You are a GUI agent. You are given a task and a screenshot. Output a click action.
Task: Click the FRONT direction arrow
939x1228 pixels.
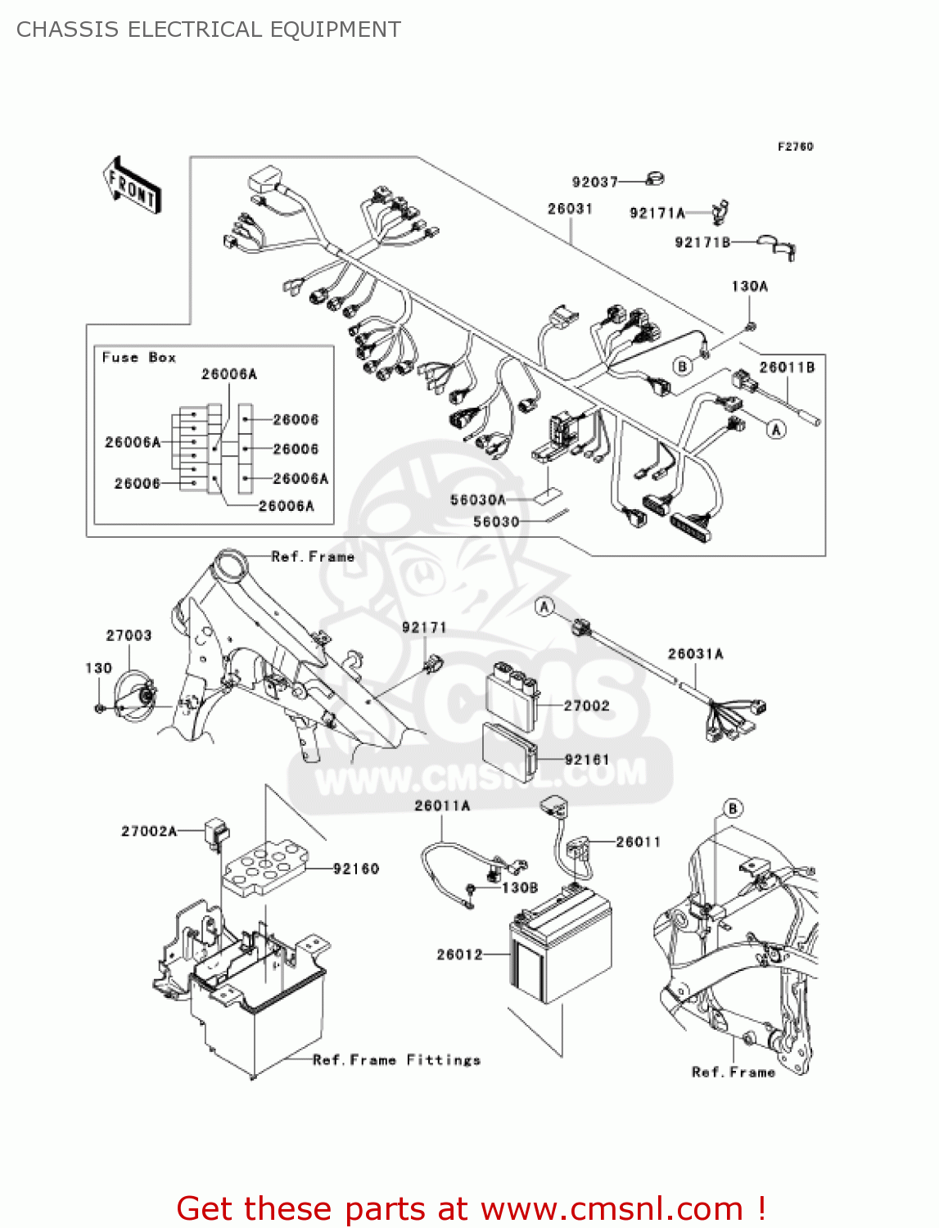click(x=132, y=185)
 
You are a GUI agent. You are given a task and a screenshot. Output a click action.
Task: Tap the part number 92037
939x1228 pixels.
click(x=594, y=182)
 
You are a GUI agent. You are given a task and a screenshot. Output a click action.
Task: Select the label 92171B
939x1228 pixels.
click(x=702, y=242)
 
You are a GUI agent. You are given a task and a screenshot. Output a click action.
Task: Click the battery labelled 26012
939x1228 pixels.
click(x=562, y=950)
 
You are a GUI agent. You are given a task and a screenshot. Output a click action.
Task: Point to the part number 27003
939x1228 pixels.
click(x=129, y=635)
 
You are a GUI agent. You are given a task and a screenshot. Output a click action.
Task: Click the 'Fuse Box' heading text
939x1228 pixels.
click(x=138, y=358)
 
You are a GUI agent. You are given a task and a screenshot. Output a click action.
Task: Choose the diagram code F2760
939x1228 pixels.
click(x=795, y=147)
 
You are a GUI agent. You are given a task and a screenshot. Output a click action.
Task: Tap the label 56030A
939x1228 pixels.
click(x=478, y=499)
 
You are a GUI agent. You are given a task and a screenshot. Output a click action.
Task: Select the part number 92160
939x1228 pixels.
click(x=356, y=869)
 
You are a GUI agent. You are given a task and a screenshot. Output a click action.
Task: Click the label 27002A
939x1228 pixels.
click(x=149, y=831)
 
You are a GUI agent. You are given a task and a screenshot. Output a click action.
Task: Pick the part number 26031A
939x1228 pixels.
click(x=695, y=653)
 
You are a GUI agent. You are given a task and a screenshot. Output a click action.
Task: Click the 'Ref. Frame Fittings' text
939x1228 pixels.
click(x=396, y=1060)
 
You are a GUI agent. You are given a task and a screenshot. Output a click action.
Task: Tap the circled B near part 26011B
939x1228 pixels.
click(x=682, y=366)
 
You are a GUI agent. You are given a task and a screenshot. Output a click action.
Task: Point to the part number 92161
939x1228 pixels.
click(x=587, y=760)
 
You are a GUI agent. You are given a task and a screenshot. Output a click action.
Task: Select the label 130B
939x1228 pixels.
click(x=520, y=887)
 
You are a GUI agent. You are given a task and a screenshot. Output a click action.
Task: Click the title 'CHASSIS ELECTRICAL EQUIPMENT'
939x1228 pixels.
click(x=209, y=29)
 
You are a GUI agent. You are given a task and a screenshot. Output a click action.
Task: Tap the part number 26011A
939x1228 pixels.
click(x=442, y=806)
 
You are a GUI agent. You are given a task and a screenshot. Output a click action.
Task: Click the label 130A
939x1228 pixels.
click(x=749, y=287)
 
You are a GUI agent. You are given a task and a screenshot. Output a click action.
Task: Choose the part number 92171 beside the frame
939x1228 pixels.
click(x=424, y=628)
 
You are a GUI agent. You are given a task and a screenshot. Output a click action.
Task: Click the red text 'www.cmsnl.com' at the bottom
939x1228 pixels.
click(x=612, y=1209)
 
